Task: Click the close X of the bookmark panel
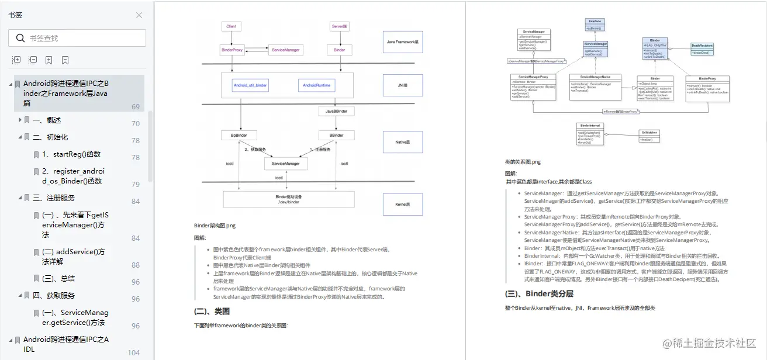(139, 15)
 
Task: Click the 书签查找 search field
(82, 38)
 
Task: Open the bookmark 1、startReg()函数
(71, 154)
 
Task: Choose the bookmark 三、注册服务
(53, 198)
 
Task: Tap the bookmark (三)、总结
(58, 279)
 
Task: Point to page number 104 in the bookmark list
(134, 353)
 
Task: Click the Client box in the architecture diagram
(231, 27)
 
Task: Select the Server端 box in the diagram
(340, 27)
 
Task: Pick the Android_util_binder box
(250, 85)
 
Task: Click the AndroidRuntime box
(316, 85)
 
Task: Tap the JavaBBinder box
(336, 110)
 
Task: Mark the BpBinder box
(239, 135)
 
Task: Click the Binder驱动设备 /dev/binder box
(289, 199)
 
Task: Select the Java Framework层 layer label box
(402, 42)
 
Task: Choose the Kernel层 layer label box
(402, 205)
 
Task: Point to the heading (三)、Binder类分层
(539, 294)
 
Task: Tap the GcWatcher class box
(649, 136)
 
